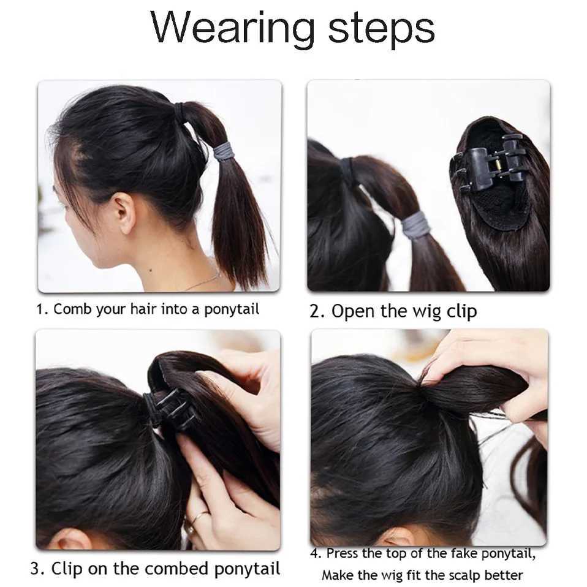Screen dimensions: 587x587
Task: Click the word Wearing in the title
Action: (x=232, y=28)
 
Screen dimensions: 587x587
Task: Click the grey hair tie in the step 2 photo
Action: (x=416, y=224)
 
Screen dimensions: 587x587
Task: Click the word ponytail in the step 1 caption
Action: (x=232, y=310)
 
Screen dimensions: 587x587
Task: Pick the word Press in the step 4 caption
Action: (x=343, y=553)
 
